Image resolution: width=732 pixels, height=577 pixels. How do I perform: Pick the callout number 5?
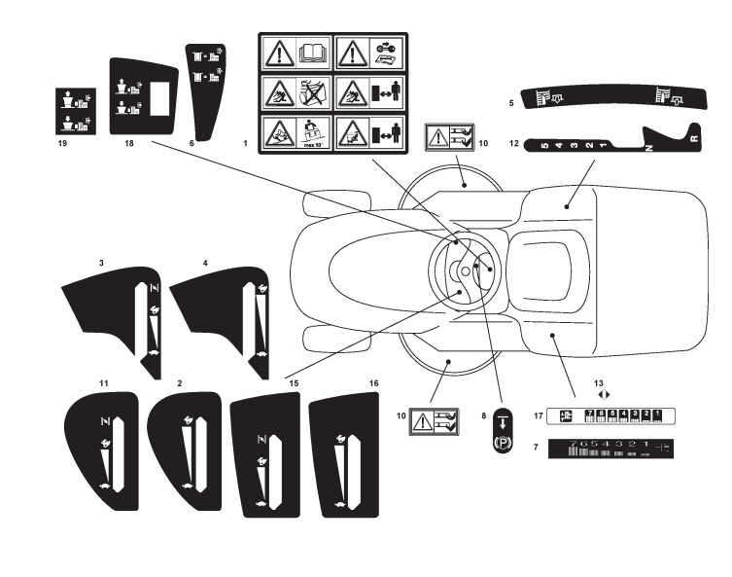(x=511, y=101)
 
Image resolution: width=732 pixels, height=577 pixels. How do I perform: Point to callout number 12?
(x=514, y=144)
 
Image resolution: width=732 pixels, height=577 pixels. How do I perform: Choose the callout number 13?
(x=599, y=383)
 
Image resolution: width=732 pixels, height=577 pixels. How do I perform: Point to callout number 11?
(x=103, y=385)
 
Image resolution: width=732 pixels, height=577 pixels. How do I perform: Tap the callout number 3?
(x=101, y=263)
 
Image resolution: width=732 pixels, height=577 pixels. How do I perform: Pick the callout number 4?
(x=205, y=263)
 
